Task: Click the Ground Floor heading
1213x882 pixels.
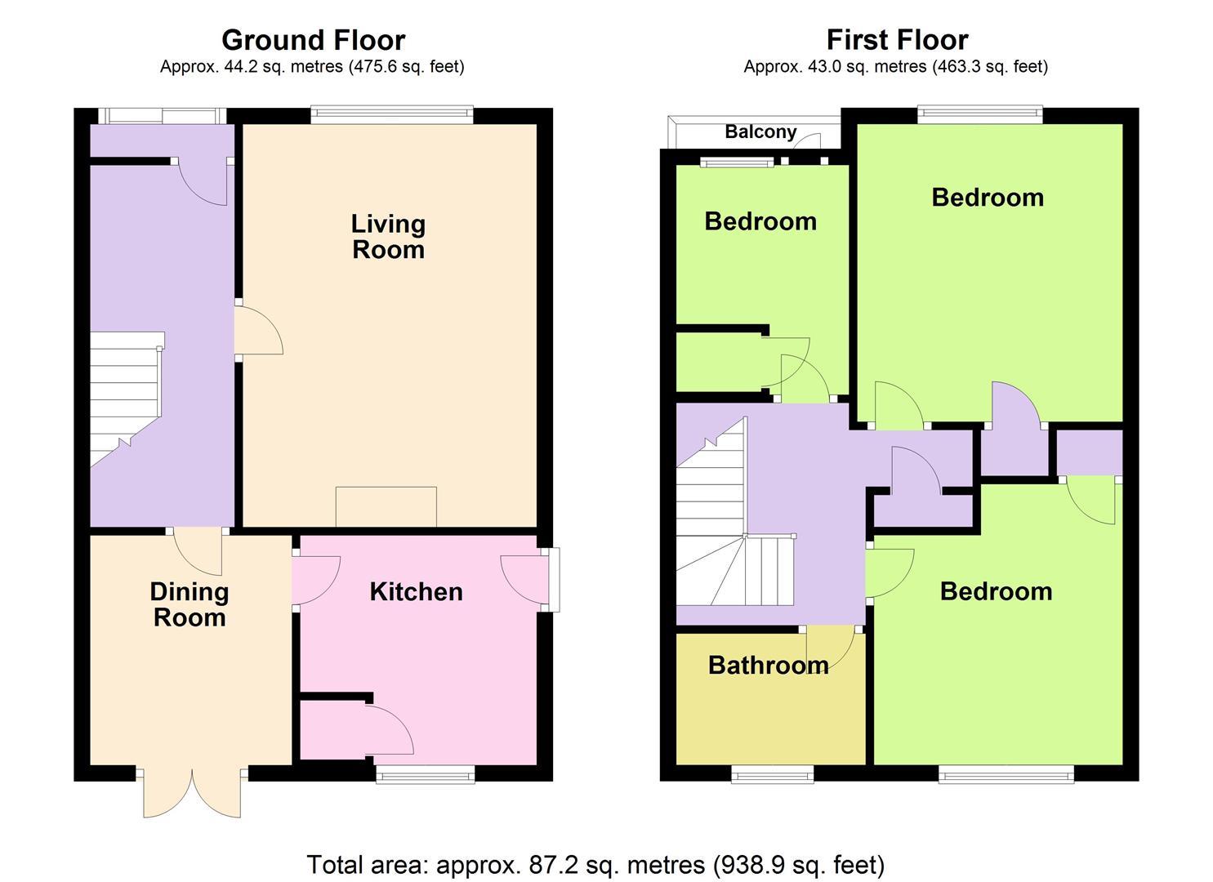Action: tap(313, 41)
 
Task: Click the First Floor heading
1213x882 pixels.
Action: tap(897, 41)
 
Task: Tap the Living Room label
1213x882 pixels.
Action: tap(388, 237)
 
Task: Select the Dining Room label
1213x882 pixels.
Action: tap(189, 604)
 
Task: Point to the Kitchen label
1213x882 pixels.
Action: tap(416, 592)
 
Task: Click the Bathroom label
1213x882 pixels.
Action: tap(768, 665)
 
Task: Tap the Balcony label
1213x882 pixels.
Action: tap(760, 131)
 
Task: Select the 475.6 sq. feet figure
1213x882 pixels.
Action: tap(406, 67)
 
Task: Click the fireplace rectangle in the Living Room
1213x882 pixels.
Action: tap(386, 507)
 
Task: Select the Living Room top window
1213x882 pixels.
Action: tap(392, 114)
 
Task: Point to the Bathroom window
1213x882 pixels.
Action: tap(772, 774)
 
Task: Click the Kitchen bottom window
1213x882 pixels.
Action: tap(426, 774)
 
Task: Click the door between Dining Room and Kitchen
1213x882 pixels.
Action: tap(315, 580)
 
